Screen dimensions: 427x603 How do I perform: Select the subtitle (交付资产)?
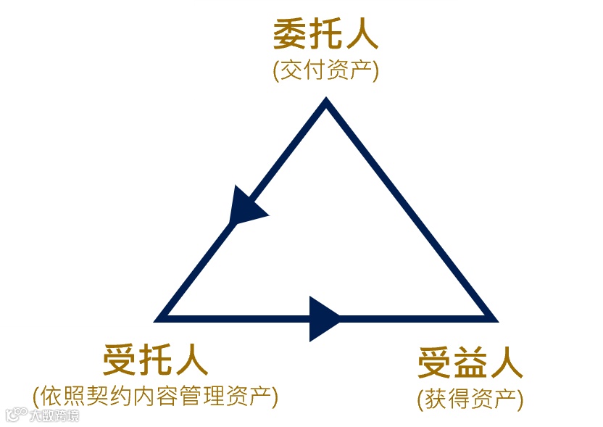(325, 71)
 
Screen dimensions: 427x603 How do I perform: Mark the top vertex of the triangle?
(326, 106)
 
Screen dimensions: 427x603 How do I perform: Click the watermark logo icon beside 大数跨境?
(17, 415)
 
